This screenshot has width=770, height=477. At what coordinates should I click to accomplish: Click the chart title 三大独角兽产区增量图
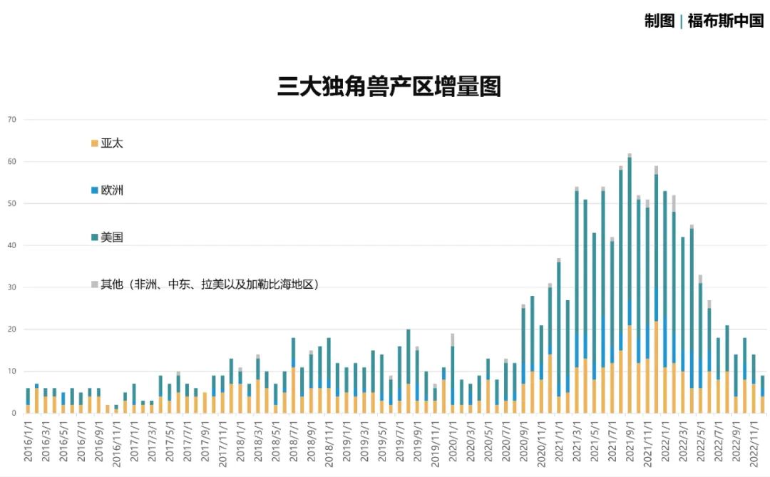click(x=389, y=86)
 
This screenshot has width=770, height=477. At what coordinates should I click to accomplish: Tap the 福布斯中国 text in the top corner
click(x=726, y=21)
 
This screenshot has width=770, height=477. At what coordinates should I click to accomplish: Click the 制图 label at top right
click(x=659, y=21)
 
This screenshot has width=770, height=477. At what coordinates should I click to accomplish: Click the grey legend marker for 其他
click(x=94, y=284)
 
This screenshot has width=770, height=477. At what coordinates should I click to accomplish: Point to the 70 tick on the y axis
click(x=11, y=119)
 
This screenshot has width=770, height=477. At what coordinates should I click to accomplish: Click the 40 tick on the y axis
click(x=11, y=245)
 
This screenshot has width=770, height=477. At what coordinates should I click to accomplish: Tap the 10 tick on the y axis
click(x=11, y=371)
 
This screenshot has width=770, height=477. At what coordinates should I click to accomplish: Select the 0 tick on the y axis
click(x=13, y=414)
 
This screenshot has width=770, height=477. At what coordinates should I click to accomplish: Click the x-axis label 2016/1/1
click(x=28, y=440)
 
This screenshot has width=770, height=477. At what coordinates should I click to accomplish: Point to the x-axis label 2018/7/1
click(x=293, y=440)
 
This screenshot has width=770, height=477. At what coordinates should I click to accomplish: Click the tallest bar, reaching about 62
click(x=629, y=285)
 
